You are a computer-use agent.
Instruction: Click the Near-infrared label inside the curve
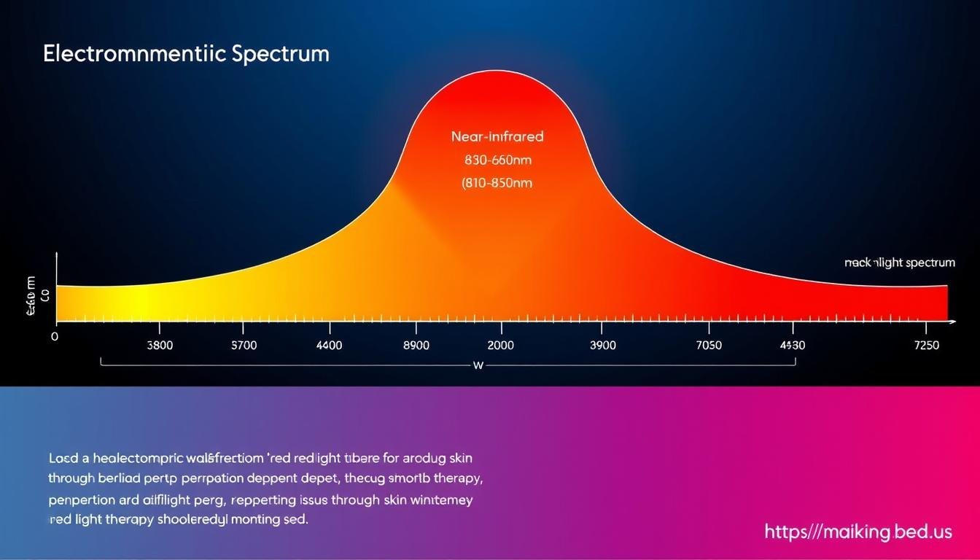pos(497,136)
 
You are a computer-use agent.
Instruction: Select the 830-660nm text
pos(497,160)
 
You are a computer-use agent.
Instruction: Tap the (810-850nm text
pos(497,183)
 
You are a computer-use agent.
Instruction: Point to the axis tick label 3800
pos(160,346)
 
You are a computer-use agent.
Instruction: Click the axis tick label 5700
pos(244,346)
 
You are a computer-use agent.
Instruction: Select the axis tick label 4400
pos(329,346)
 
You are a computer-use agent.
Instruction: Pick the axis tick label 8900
pos(416,346)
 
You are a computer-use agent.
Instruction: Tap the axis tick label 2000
pos(500,346)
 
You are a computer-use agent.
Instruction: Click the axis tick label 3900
pos(602,346)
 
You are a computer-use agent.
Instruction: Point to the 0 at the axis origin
pos(54,338)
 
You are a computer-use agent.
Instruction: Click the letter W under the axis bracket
pos(478,365)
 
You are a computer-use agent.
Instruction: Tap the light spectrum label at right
pos(900,263)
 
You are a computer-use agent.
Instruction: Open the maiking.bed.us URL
pos(858,532)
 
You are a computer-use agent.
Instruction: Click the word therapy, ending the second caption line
pos(458,479)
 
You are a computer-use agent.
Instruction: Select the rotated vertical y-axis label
pos(31,296)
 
